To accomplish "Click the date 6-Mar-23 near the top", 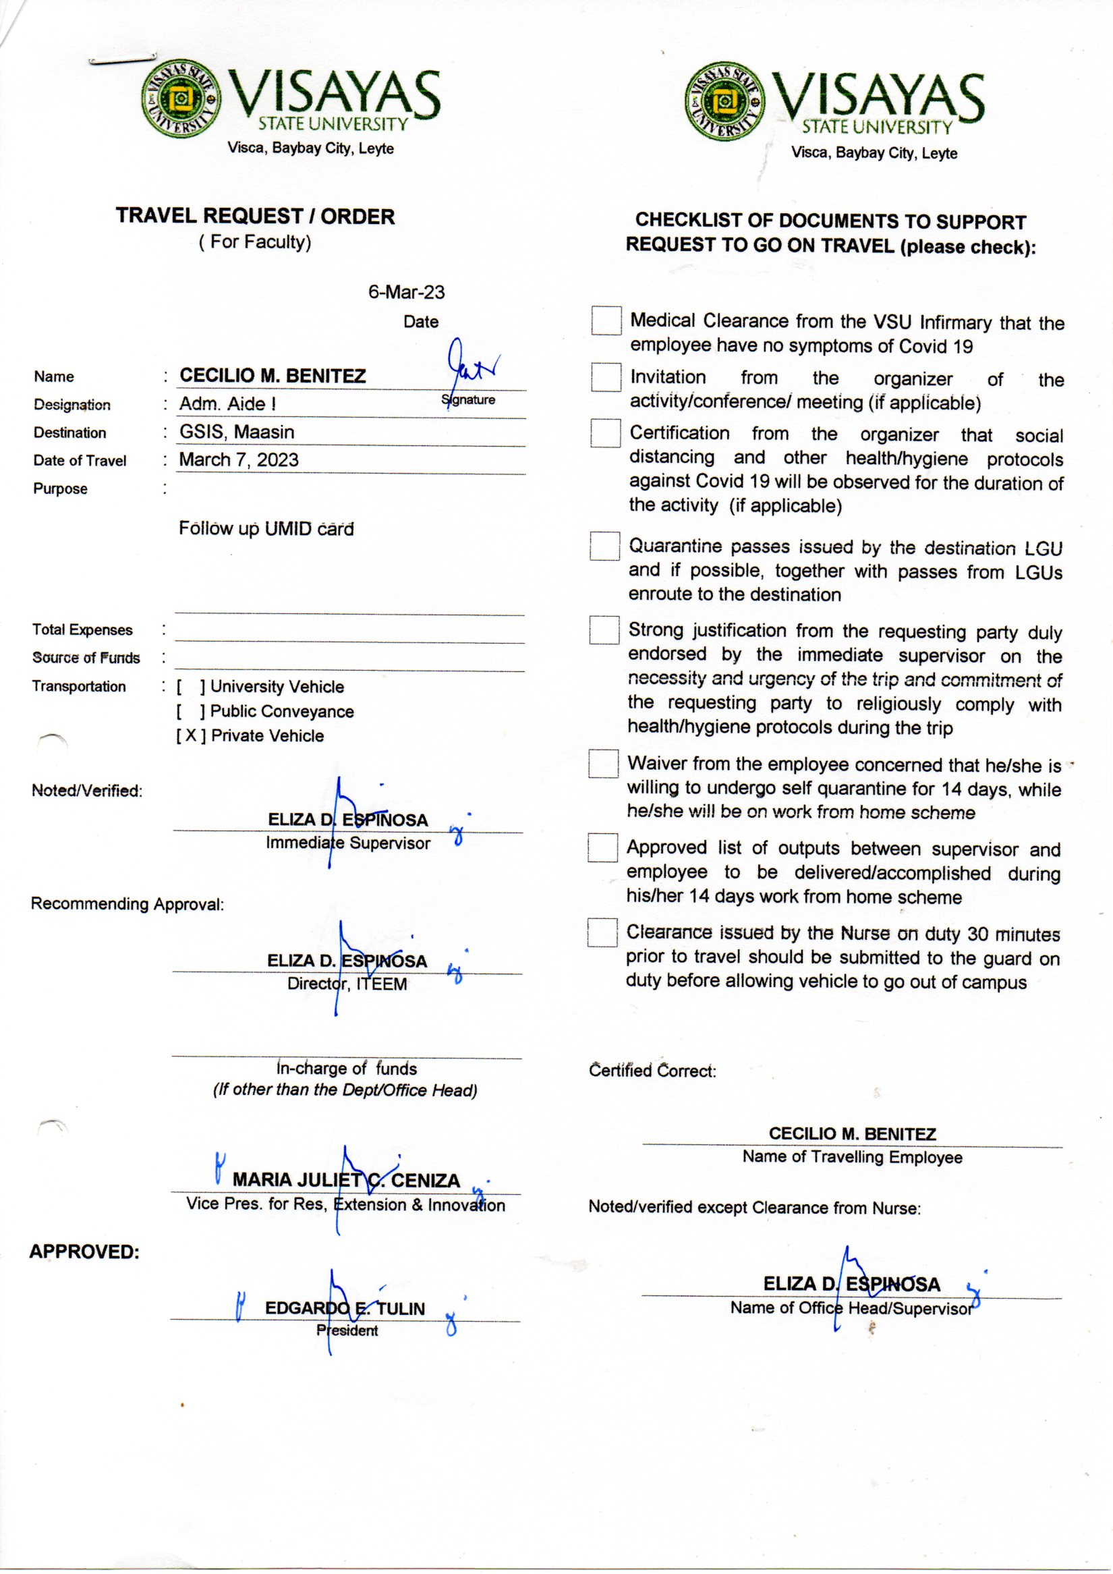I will (x=406, y=292).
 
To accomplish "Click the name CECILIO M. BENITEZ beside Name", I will (x=273, y=376).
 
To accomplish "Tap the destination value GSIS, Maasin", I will (x=237, y=432).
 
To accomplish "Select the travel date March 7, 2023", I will (x=239, y=459).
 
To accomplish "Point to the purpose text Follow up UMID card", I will (x=266, y=528).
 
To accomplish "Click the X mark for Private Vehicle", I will (x=190, y=735).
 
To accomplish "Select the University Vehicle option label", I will (x=277, y=686).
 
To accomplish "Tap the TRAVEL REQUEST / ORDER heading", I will (x=255, y=216).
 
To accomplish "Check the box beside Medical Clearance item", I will (x=606, y=321).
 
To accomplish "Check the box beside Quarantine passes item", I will (x=604, y=546).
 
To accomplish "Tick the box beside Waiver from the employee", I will (x=603, y=764).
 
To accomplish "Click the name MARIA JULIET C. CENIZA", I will (x=346, y=1180).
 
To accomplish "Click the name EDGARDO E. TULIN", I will (x=345, y=1308).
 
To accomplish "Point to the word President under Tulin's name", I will (x=347, y=1330).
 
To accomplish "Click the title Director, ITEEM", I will (x=347, y=984).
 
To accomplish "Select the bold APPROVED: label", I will (x=84, y=1252).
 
